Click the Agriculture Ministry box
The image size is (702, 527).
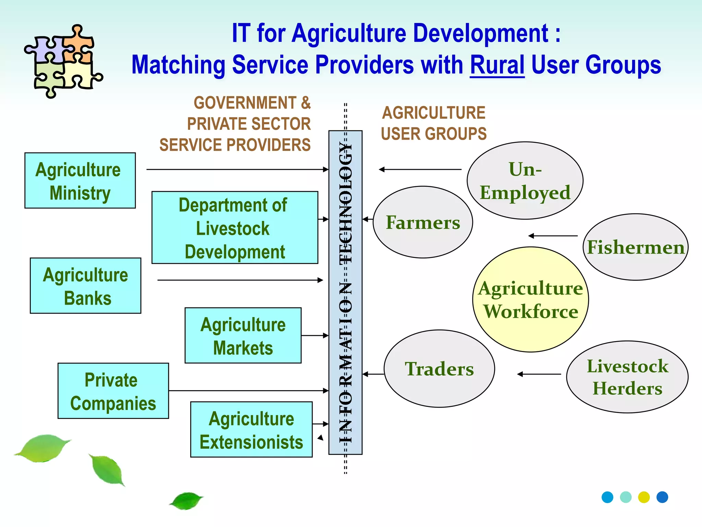(80, 180)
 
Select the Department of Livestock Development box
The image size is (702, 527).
(234, 227)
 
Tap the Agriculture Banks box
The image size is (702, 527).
(85, 285)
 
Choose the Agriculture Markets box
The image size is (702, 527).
(243, 335)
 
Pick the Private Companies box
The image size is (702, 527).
(113, 391)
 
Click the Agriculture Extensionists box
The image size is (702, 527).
(251, 430)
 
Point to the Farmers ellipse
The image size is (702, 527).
(423, 222)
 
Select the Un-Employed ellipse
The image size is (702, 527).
(525, 181)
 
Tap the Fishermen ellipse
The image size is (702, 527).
(636, 247)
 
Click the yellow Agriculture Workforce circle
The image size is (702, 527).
(530, 300)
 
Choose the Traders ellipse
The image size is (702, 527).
(439, 369)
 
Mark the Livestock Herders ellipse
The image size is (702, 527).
(627, 377)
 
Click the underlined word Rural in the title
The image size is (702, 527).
(497, 65)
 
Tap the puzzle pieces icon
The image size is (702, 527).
(63, 61)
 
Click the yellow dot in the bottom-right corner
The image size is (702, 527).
(644, 497)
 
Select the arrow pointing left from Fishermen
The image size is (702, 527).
(553, 236)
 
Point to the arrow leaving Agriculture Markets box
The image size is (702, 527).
(315, 336)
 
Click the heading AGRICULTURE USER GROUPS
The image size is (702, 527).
(434, 123)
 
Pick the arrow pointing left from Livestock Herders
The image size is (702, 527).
(539, 374)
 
